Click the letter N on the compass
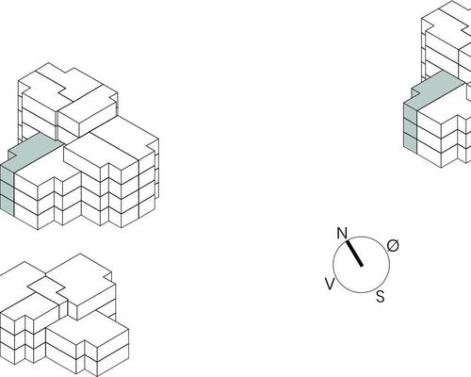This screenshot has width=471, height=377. click(x=342, y=234)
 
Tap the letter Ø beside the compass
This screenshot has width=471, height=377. click(x=393, y=245)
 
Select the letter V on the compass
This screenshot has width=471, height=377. click(x=330, y=285)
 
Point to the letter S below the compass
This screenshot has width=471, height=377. click(x=381, y=296)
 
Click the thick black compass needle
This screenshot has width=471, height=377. click(x=354, y=254)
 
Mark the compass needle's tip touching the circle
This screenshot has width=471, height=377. click(x=348, y=241)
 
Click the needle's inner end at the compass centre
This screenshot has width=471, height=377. click(x=362, y=265)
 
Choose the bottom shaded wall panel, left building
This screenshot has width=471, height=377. click(x=7, y=205)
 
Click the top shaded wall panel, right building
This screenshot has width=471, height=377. click(x=410, y=112)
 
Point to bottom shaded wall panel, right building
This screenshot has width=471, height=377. click(x=410, y=143)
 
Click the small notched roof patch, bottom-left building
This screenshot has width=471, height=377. click(x=46, y=287)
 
